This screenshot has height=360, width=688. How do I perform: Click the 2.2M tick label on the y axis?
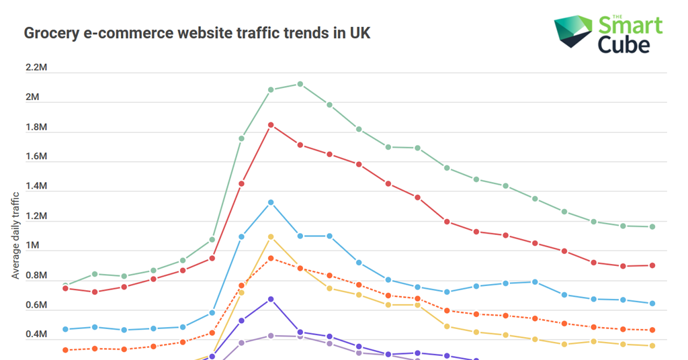tap(36, 68)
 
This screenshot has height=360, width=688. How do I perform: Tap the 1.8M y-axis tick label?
tap(36, 127)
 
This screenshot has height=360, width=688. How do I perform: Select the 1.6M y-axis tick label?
tap(36, 156)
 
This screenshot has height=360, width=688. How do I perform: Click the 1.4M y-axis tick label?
tap(36, 186)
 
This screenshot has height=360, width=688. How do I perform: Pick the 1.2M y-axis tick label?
tap(36, 216)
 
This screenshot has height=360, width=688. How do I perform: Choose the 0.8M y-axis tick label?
tap(36, 275)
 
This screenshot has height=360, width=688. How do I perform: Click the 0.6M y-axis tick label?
tap(36, 306)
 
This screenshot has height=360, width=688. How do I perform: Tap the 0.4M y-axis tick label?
tap(36, 335)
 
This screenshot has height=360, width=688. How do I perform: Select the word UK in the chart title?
tap(359, 33)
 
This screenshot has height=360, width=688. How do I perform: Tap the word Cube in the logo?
tap(625, 44)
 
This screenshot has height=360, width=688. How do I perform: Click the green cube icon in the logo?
tap(572, 32)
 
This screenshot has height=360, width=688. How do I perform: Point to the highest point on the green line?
tap(300, 84)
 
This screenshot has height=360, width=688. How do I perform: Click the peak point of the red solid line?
tap(271, 125)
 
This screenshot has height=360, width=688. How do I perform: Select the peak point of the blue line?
tap(271, 202)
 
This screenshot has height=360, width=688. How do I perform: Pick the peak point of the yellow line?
tap(271, 236)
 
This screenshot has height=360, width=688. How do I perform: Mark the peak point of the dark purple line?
tap(271, 299)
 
